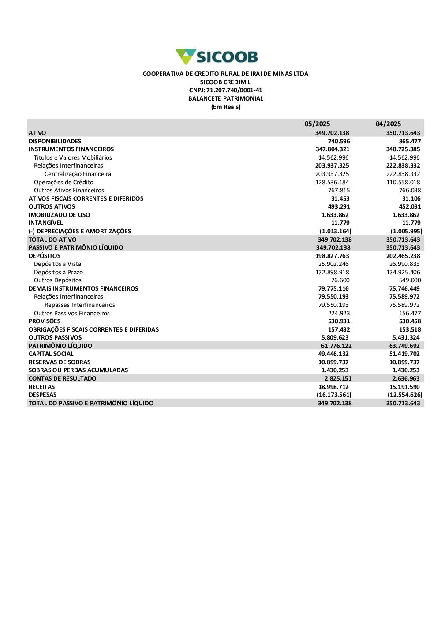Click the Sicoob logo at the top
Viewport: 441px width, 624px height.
click(x=217, y=57)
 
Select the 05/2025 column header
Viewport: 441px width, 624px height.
click(x=317, y=124)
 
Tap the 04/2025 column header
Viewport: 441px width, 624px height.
click(x=388, y=124)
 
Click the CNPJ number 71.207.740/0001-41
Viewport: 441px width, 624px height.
click(x=225, y=90)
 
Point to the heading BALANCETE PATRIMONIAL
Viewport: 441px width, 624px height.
click(x=225, y=99)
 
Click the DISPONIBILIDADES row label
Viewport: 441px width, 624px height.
click(x=55, y=141)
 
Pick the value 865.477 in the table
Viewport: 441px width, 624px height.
click(x=410, y=141)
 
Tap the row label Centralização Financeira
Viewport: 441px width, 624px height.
click(x=78, y=174)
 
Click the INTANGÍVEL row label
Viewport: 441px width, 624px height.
click(x=46, y=223)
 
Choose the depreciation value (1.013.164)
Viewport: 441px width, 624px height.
click(x=335, y=231)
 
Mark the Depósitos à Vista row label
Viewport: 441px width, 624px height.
click(x=57, y=264)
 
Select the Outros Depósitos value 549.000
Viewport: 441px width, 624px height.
click(x=410, y=280)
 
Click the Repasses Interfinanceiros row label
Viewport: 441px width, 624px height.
click(x=79, y=305)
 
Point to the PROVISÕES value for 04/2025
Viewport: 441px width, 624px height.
click(x=410, y=321)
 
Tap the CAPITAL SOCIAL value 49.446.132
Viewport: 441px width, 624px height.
click(x=333, y=354)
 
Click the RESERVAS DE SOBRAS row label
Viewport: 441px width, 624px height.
click(x=60, y=362)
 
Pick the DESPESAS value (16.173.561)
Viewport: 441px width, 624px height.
click(x=334, y=395)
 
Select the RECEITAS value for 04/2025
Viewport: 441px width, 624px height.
click(x=404, y=387)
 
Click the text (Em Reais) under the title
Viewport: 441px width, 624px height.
click(x=226, y=107)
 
